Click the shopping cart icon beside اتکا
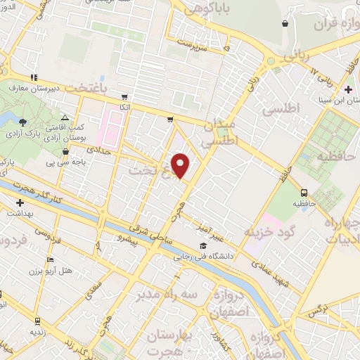coord(124,97)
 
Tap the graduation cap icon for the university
coord(203,245)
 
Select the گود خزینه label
coord(269,230)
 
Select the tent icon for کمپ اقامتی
coord(65,117)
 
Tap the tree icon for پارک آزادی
coord(23,122)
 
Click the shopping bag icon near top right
coord(284,24)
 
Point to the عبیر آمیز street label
coord(211,220)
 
